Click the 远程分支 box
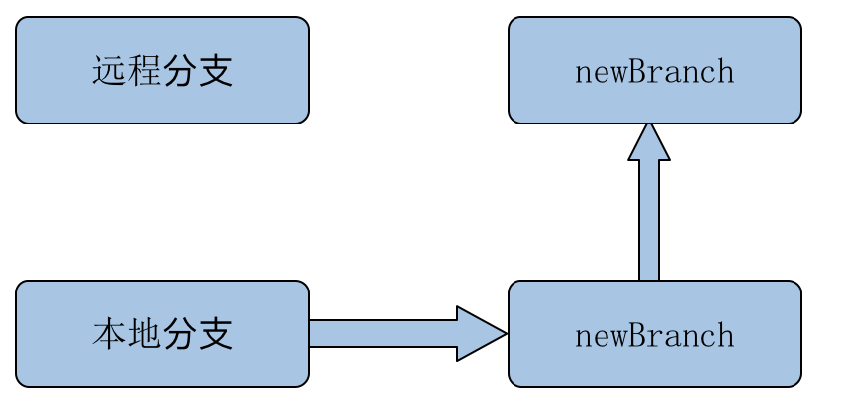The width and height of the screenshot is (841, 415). [162, 70]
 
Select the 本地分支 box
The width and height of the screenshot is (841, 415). [162, 334]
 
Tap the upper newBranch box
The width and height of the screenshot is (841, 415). [655, 70]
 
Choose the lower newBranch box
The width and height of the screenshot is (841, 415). [655, 334]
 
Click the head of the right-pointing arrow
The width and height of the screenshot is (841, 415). [480, 334]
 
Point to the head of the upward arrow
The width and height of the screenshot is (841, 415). [649, 143]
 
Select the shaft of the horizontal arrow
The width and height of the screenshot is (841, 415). [383, 334]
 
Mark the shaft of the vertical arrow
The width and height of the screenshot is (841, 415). [649, 220]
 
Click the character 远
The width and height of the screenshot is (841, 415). [110, 71]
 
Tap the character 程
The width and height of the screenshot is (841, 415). [144, 71]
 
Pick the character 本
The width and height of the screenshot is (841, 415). [110, 334]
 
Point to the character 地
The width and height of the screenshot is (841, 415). [144, 334]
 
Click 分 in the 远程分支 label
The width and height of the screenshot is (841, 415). [180, 71]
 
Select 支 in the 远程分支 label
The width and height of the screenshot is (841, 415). [215, 71]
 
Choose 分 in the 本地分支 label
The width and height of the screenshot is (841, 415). [180, 334]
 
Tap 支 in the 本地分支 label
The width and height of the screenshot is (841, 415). [215, 334]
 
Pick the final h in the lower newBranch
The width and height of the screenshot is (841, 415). [726, 336]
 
